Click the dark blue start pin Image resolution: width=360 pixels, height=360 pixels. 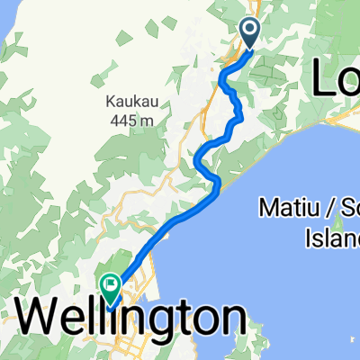(248, 32)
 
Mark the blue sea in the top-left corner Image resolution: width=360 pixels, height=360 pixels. (9, 13)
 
